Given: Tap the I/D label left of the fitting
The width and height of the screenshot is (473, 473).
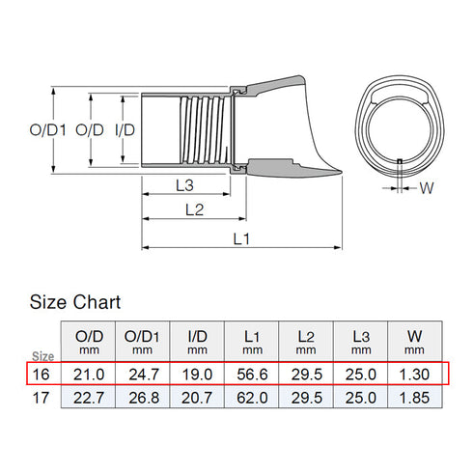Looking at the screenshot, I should [x=124, y=129].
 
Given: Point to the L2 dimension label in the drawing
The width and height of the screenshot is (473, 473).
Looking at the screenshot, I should [x=194, y=208].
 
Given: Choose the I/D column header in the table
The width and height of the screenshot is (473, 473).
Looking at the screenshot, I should [x=198, y=340].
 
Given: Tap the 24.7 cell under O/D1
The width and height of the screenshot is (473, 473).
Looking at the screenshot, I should [x=142, y=373].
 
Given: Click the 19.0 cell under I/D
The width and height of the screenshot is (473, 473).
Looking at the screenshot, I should [x=198, y=373].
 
